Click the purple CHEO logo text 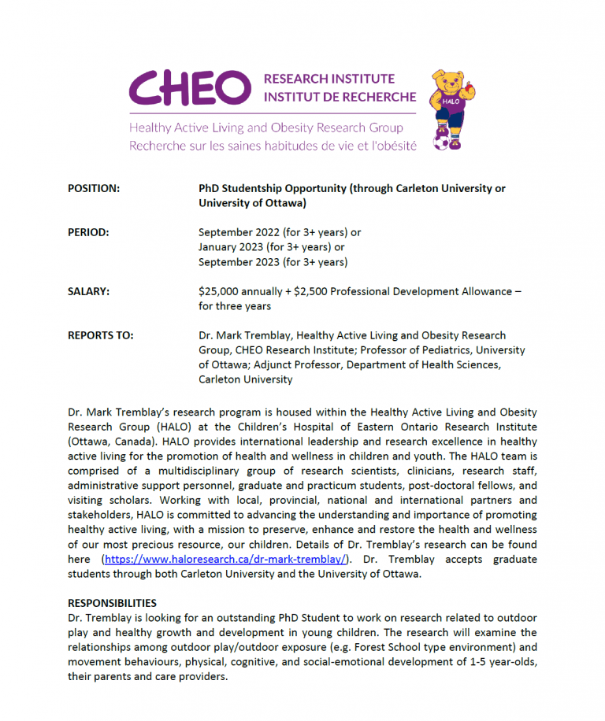click(189, 87)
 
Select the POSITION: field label click(94, 189)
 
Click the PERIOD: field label click(88, 233)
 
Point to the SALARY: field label click(89, 291)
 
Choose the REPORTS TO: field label click(101, 335)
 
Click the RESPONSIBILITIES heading click(112, 603)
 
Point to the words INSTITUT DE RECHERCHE click(340, 97)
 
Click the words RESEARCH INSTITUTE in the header click(329, 79)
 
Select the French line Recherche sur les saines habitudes click(273, 145)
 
